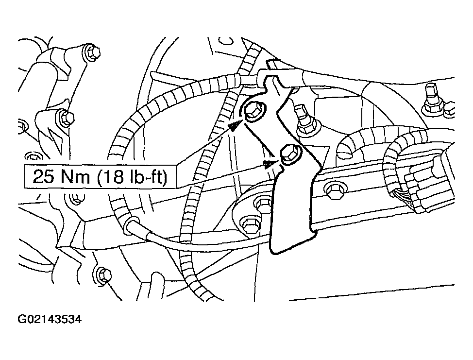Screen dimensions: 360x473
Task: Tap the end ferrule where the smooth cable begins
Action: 130,224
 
